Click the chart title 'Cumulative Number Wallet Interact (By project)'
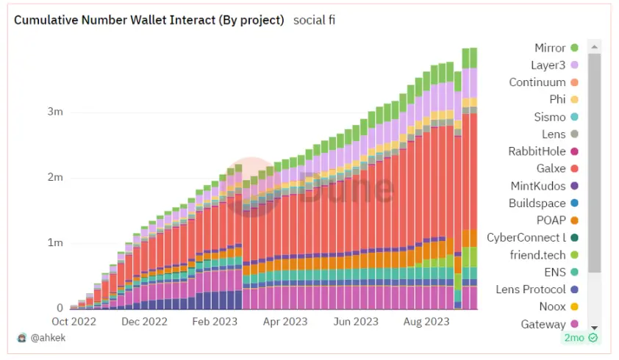(x=149, y=20)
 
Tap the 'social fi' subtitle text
(x=314, y=20)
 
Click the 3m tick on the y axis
(x=55, y=112)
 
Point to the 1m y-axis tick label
(x=55, y=242)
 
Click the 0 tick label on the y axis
(x=60, y=308)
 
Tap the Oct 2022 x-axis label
(x=74, y=322)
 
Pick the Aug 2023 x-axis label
(x=426, y=322)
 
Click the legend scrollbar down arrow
(x=595, y=327)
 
